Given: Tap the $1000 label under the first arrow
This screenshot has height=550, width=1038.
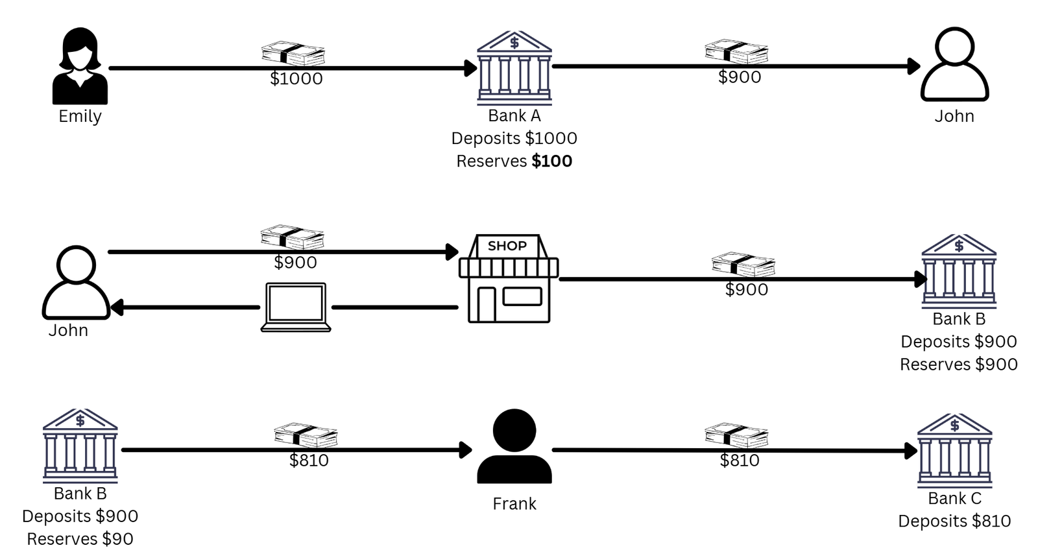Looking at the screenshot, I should [x=296, y=79].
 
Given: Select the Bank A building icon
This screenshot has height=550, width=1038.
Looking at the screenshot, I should [x=514, y=68].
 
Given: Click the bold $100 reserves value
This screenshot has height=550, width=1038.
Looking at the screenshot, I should [x=551, y=161].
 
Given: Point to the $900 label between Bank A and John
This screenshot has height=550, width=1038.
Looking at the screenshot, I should [x=740, y=77].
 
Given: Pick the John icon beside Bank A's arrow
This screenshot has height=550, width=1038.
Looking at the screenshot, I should [x=954, y=64].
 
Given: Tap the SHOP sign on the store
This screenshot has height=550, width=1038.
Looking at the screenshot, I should [x=507, y=246].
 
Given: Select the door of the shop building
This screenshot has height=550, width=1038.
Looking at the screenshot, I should [x=486, y=304].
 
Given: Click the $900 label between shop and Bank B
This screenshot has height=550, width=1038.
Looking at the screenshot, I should [x=747, y=290].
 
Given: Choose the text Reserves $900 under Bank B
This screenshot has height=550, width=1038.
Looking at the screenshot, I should [x=958, y=365].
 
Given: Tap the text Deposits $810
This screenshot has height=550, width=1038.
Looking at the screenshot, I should [x=954, y=521].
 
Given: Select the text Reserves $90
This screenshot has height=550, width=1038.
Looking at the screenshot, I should [x=80, y=539].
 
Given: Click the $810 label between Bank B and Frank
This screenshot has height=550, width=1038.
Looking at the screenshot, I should [x=309, y=460].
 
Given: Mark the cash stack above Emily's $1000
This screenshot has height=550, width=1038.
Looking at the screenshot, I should [x=293, y=54].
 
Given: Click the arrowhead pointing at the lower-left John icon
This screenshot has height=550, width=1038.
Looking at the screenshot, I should [x=117, y=307].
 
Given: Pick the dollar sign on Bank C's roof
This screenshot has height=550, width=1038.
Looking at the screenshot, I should [x=954, y=425].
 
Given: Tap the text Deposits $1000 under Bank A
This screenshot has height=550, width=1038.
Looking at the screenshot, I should [x=514, y=138].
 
